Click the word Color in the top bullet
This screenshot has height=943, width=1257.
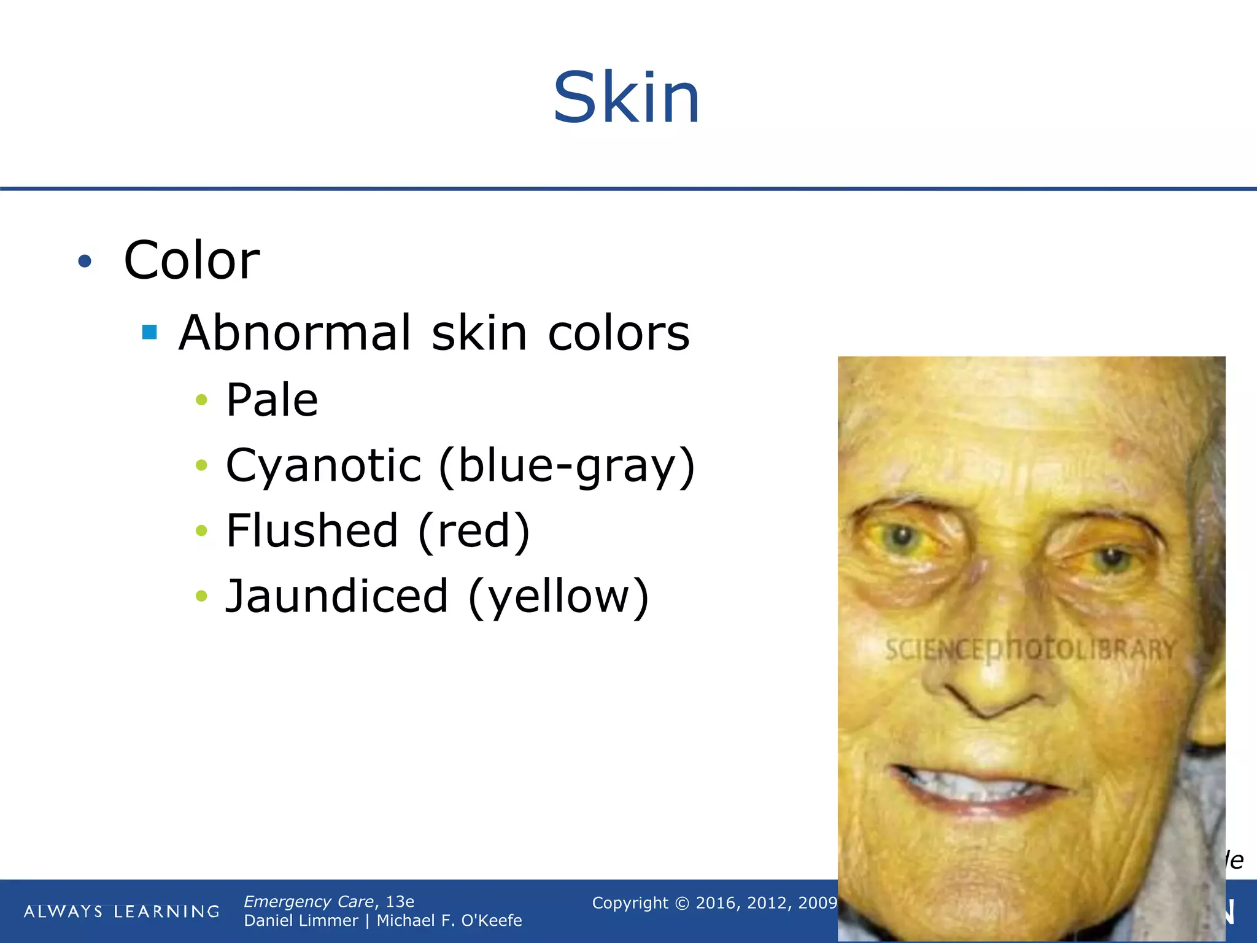[x=191, y=260]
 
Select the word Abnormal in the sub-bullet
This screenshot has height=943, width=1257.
[x=295, y=333]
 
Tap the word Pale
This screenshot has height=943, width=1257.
[x=272, y=400]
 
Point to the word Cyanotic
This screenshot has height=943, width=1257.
[x=323, y=465]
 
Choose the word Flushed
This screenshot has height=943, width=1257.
[x=312, y=531]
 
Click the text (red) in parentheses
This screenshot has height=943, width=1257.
[x=474, y=532]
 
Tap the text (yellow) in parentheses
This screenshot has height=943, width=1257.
[x=559, y=597]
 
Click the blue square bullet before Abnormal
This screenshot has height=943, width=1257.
[x=149, y=332]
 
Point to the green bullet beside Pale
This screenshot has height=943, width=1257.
[x=201, y=400]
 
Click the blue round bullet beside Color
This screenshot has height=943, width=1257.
[x=85, y=262]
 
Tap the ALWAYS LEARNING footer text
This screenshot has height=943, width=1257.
[x=122, y=911]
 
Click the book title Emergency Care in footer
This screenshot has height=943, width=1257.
[x=308, y=901]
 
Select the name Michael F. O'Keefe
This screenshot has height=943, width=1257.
[x=449, y=920]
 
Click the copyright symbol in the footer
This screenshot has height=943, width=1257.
[x=682, y=903]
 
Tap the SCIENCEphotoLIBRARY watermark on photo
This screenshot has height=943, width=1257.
[x=1030, y=649]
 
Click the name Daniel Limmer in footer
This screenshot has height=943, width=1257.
[x=301, y=920]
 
